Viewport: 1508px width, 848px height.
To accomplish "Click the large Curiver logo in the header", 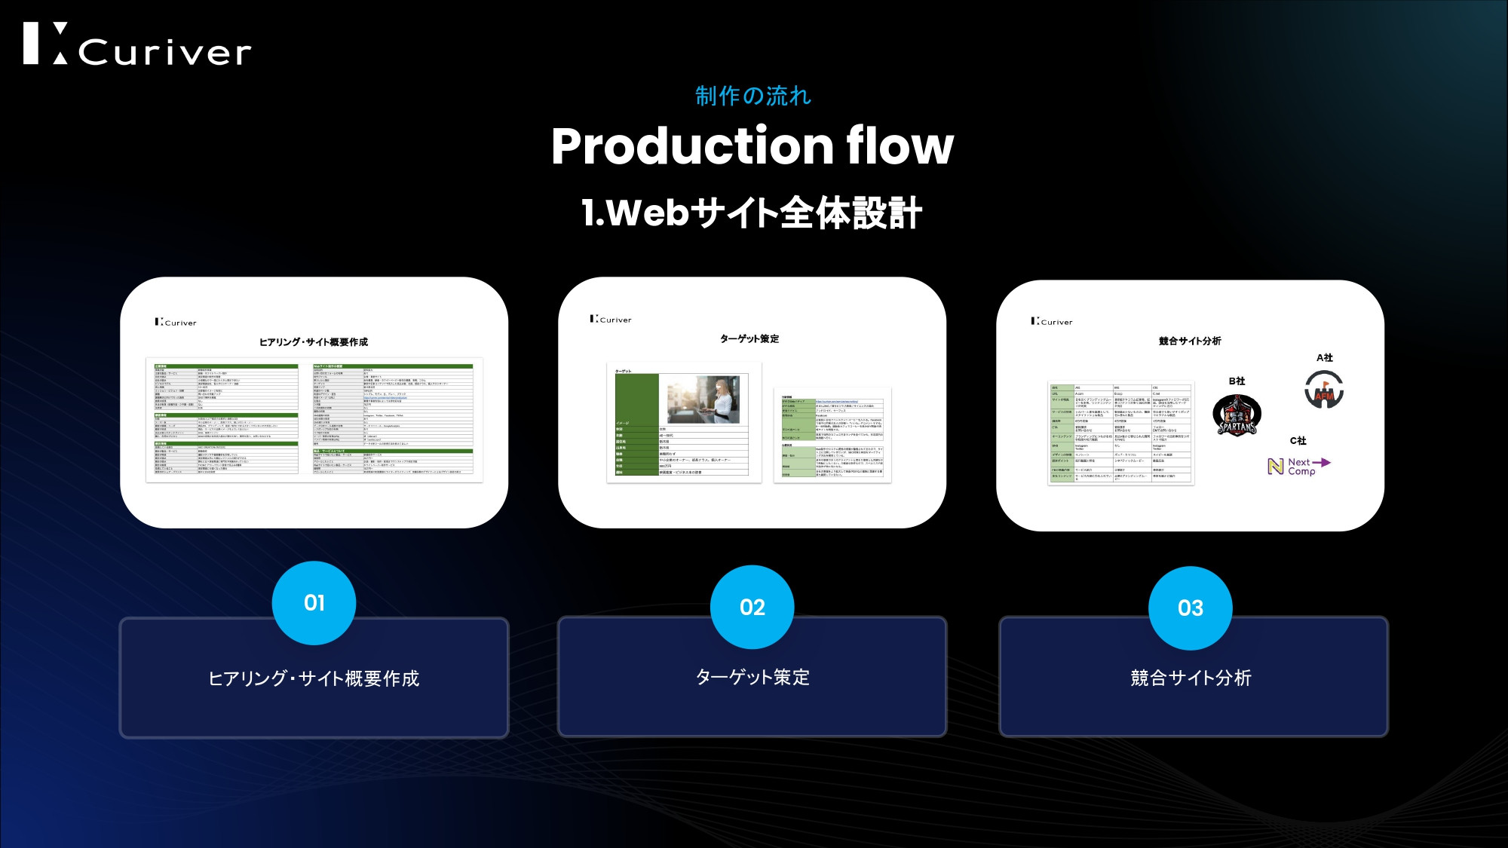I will point(137,44).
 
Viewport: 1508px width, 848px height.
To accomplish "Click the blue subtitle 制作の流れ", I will point(752,96).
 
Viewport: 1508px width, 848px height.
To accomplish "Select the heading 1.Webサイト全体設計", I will point(752,213).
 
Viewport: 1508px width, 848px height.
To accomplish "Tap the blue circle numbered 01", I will point(314,603).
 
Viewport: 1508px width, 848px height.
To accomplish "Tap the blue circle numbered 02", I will point(752,607).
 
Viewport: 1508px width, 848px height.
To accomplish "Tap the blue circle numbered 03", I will point(1191,608).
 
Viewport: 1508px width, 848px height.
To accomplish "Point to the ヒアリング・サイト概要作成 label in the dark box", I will point(314,678).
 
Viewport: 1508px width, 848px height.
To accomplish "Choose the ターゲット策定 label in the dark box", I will point(752,677).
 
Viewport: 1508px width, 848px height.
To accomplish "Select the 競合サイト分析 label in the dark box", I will point(1191,678).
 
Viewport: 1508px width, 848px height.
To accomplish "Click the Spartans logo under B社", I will point(1237,415).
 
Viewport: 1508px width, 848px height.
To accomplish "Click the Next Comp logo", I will point(1298,467).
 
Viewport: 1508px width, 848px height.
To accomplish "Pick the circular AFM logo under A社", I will point(1324,390).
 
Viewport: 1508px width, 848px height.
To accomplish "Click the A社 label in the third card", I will point(1325,358).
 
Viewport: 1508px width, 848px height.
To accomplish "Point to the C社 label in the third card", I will point(1298,441).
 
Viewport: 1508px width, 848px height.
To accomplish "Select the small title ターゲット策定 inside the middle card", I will point(749,339).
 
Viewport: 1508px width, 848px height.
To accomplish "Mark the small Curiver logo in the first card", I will point(176,322).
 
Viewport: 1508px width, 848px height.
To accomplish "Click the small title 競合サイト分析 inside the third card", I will point(1190,341).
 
